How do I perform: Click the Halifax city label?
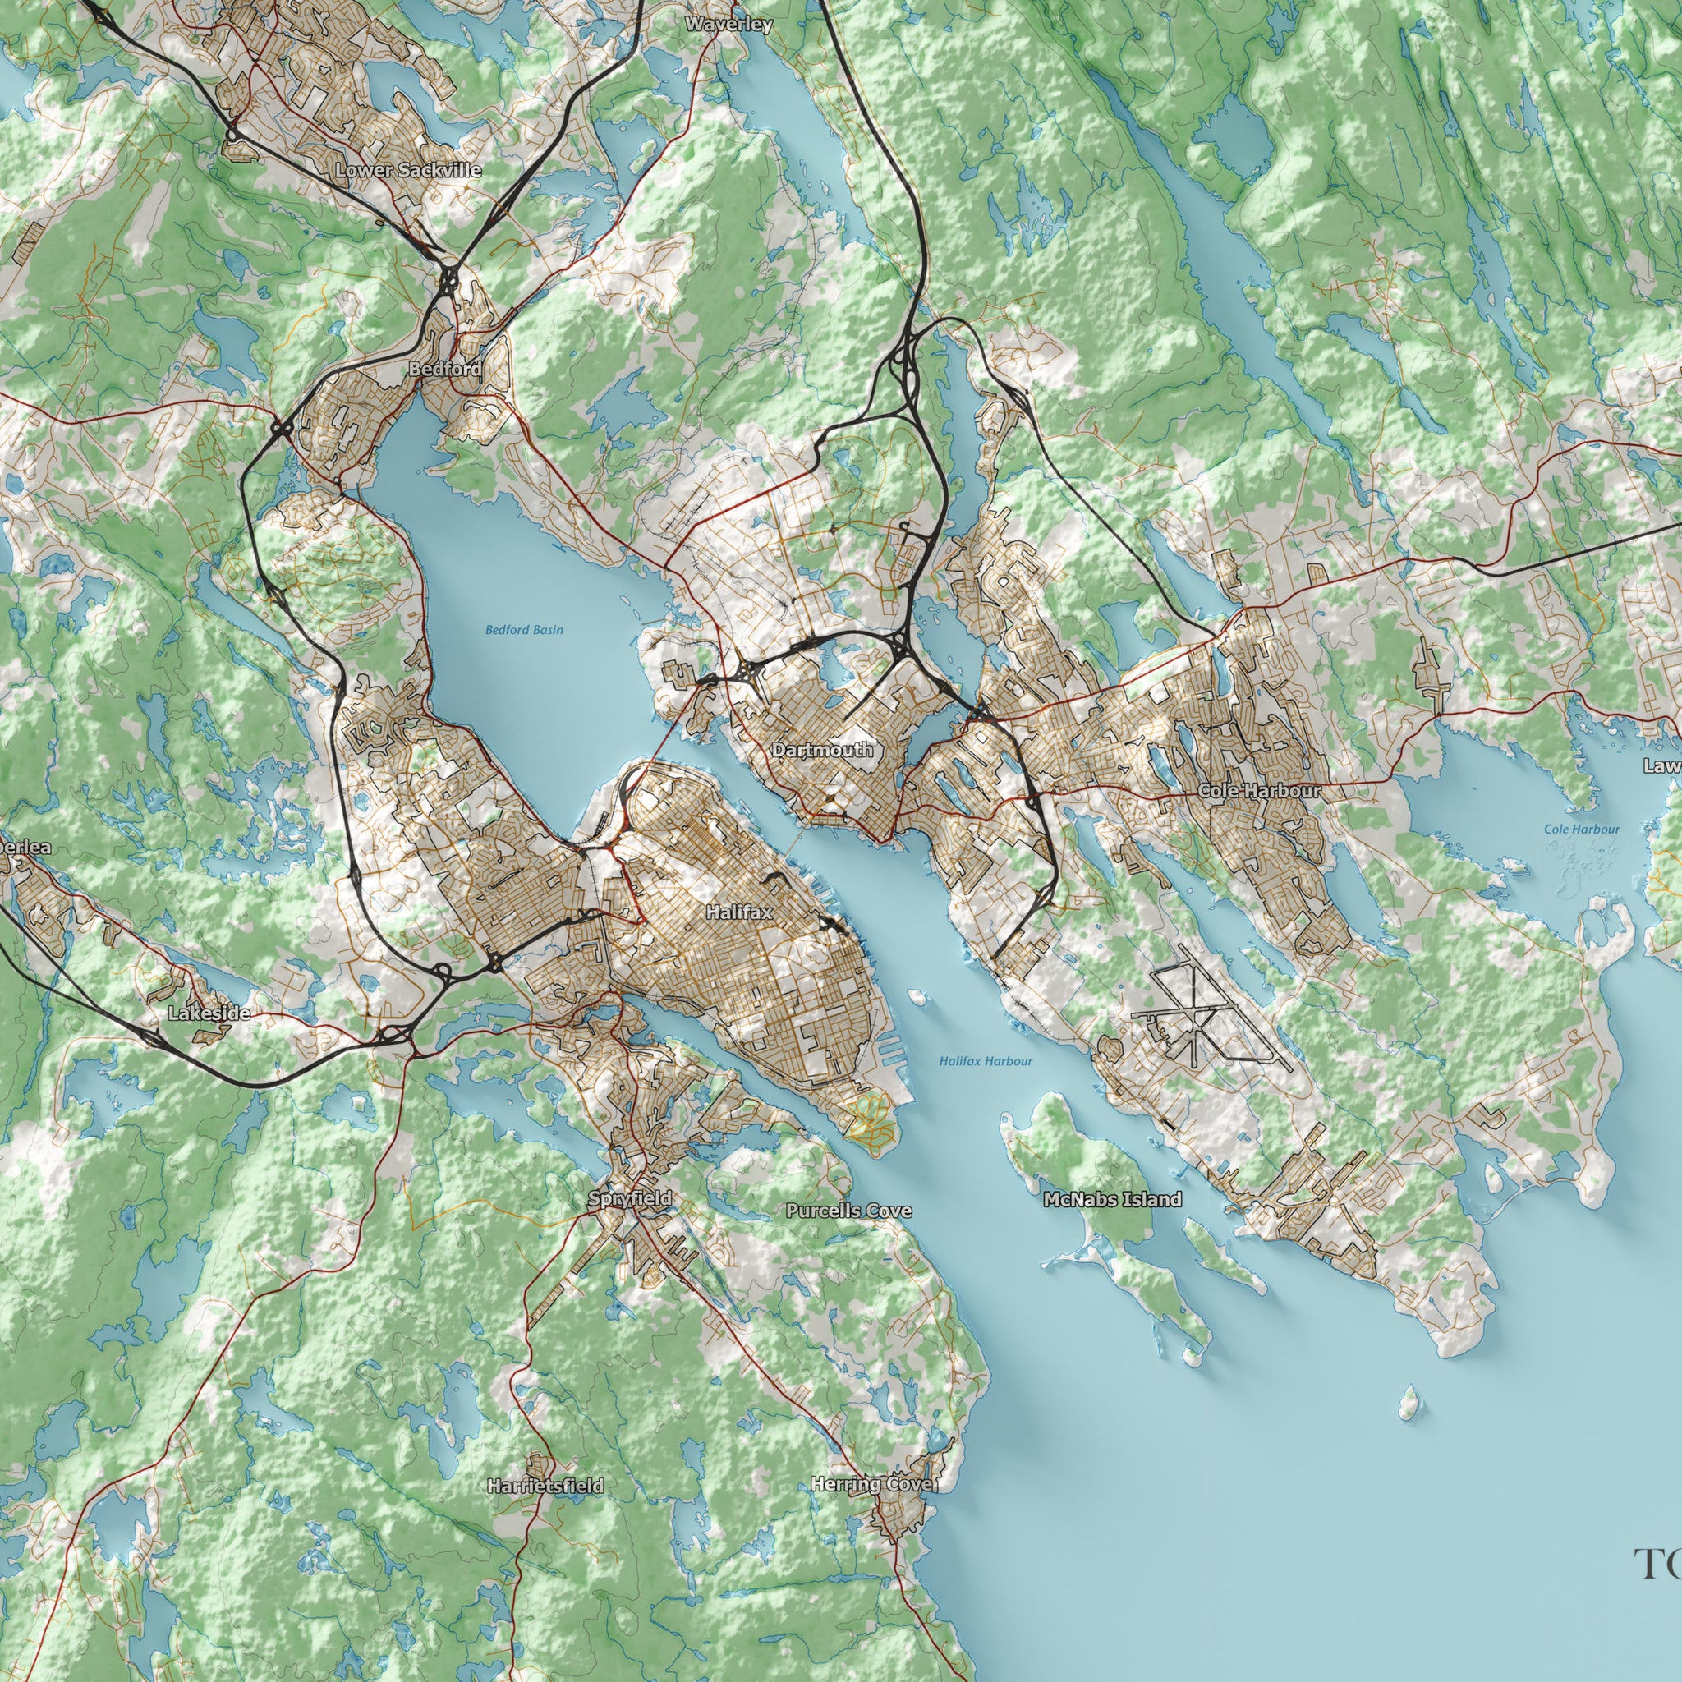coord(738,912)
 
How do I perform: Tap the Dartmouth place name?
coord(822,750)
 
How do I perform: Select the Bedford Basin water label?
coord(524,629)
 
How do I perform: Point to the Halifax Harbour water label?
coord(986,1060)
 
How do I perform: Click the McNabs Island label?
coord(1112,1200)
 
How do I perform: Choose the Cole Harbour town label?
coord(1259,791)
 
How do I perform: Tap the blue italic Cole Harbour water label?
coord(1582,829)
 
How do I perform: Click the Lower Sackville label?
coord(407,170)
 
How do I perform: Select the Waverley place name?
coord(728,25)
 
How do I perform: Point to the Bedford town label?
coord(445,369)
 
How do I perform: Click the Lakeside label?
coord(209,1013)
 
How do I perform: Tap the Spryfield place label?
coord(629,1199)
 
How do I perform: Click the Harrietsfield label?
coord(545,1485)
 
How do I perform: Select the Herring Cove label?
coord(873,1483)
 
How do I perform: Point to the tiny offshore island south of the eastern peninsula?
coord(1408,1404)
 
